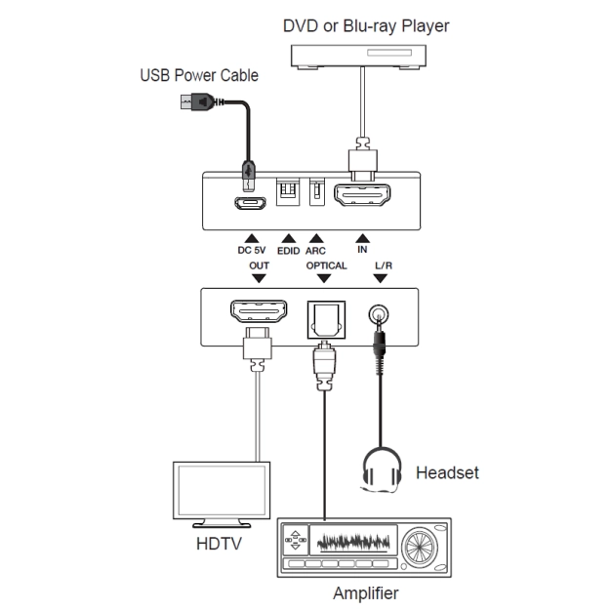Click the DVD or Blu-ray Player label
click(366, 25)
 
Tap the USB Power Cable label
click(200, 76)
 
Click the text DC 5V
click(252, 250)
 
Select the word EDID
click(288, 250)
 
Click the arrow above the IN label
click(362, 237)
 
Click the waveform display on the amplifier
click(352, 540)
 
